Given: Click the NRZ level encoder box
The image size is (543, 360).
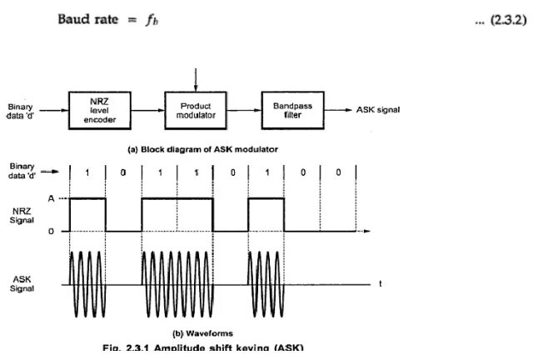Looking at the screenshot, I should (x=100, y=109).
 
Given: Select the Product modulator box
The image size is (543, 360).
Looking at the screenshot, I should (x=196, y=110).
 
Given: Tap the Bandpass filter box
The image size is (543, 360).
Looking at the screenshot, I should (x=292, y=109).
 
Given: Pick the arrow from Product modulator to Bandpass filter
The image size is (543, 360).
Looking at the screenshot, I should (x=244, y=110).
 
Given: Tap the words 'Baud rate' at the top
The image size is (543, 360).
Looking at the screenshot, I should (x=84, y=19).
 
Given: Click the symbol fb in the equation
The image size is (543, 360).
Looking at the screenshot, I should (x=151, y=20).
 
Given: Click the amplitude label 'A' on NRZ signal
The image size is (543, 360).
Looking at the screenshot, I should (x=52, y=197).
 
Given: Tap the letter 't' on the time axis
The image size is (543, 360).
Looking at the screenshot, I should (x=381, y=283).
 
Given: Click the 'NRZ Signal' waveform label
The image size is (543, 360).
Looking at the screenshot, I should (x=22, y=214).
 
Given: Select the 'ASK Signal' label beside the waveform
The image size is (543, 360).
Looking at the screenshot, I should (x=22, y=283).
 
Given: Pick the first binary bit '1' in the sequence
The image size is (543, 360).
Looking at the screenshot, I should (x=87, y=173).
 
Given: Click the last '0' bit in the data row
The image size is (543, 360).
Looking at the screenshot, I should (x=337, y=173).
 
